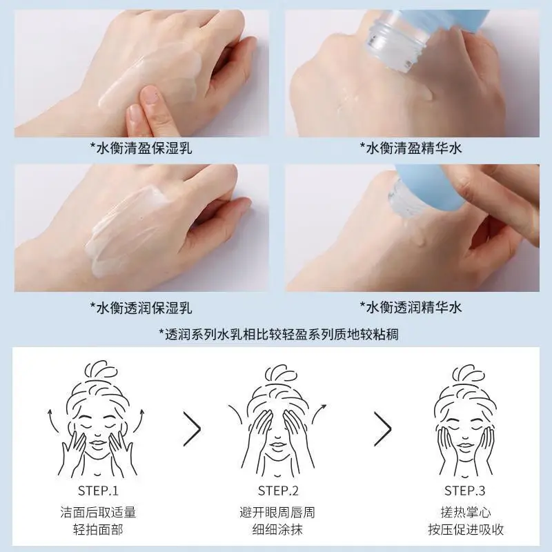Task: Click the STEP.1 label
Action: point(97,491)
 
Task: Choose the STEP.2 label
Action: point(278,491)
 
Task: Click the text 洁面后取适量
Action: point(97,513)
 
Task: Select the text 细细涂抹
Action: point(278,530)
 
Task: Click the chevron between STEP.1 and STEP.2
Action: point(193,428)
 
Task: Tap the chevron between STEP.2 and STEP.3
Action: point(382,428)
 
